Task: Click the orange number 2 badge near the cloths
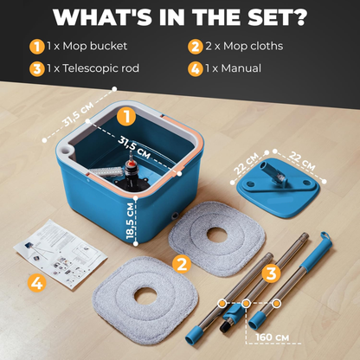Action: [180, 263]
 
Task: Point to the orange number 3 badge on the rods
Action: [270, 274]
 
